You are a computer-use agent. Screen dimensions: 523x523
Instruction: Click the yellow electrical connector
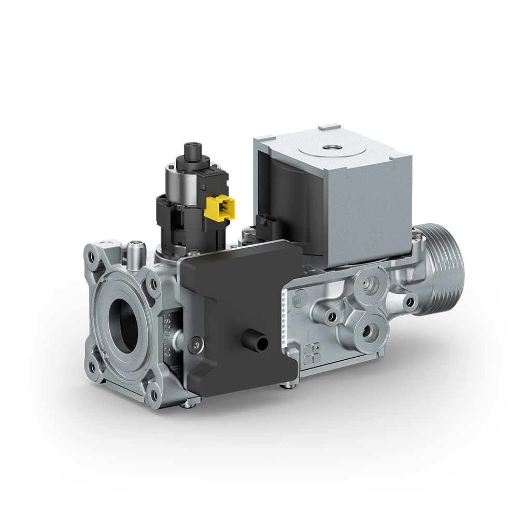pyautogui.click(x=220, y=208)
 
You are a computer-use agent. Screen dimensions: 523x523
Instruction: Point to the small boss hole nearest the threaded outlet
pyautogui.click(x=410, y=301)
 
